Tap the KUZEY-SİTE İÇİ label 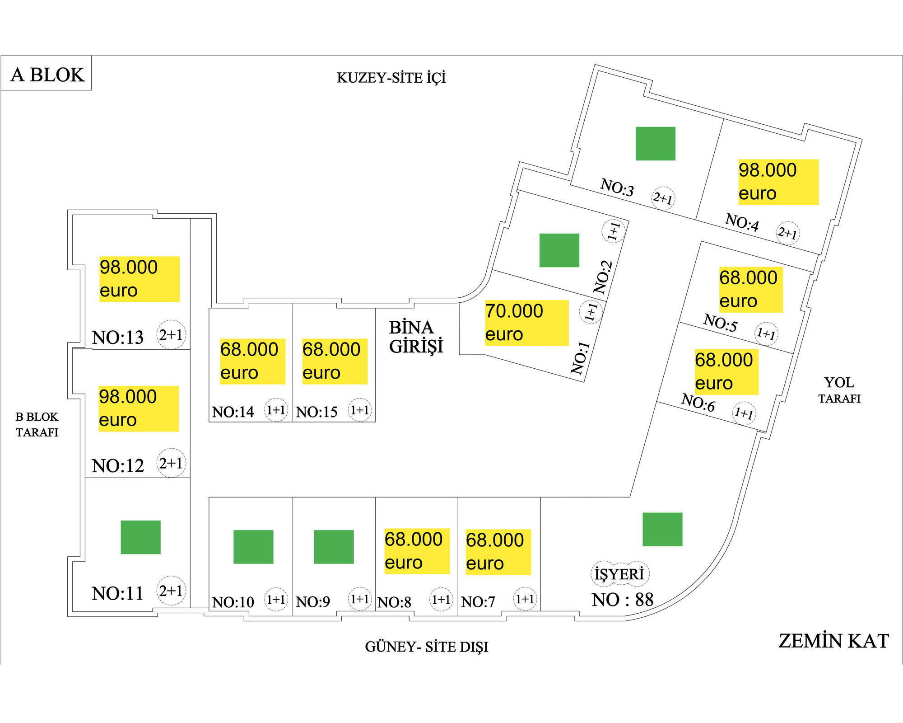(x=391, y=78)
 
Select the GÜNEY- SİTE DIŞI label (x=426, y=647)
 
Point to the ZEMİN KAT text (x=833, y=641)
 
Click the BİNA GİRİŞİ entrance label (x=415, y=337)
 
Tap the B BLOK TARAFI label (x=37, y=424)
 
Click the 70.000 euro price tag (x=526, y=323)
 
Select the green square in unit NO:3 (x=655, y=144)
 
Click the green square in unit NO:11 (x=140, y=537)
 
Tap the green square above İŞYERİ (x=662, y=529)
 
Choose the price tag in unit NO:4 (x=778, y=182)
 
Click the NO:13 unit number (x=117, y=337)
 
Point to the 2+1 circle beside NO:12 (x=171, y=463)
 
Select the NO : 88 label (x=623, y=600)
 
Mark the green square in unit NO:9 (x=334, y=547)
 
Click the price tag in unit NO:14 (x=252, y=361)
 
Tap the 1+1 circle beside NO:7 (x=525, y=599)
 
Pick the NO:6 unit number (x=698, y=402)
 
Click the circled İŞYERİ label (x=619, y=574)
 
